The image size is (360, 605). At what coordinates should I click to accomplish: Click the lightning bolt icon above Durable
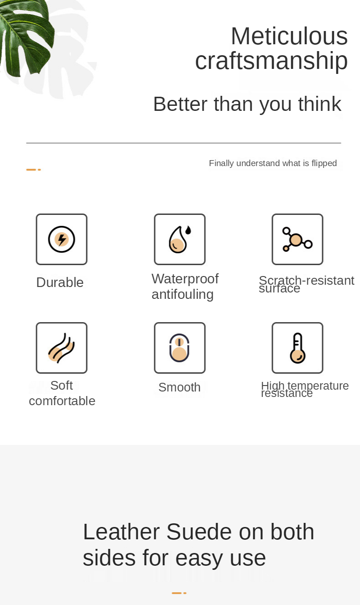coord(62,239)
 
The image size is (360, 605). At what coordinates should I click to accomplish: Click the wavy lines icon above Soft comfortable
coord(62,348)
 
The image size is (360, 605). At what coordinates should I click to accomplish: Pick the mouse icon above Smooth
coord(179,348)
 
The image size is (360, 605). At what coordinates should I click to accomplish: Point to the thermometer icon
coord(297,348)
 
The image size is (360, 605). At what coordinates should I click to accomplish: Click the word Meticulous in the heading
coord(289,36)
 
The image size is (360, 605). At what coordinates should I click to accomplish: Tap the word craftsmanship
coord(271,62)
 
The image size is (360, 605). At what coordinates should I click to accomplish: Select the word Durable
coord(60,282)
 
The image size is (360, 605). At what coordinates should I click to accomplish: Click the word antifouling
coord(183,294)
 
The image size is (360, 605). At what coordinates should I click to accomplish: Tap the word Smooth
coord(179,387)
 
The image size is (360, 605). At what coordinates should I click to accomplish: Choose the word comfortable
coord(62,401)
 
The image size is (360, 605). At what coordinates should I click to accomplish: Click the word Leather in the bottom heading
coord(121,532)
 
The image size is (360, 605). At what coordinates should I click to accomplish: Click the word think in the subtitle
coord(319,104)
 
